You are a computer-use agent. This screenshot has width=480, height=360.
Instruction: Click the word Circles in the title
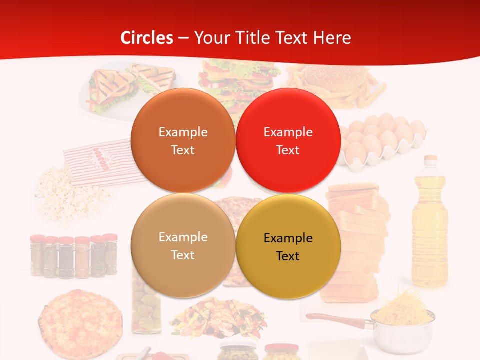[x=147, y=38]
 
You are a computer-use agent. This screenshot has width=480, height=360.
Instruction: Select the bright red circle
[x=288, y=140]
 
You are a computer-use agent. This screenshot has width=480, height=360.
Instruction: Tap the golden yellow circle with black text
[x=288, y=247]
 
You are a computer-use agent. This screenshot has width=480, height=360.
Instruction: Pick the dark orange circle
[x=183, y=140]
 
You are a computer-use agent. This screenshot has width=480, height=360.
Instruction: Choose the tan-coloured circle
[x=183, y=246]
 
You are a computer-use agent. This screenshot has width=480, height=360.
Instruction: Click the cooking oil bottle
[x=429, y=225]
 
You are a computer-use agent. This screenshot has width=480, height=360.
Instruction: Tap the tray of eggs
[x=382, y=142]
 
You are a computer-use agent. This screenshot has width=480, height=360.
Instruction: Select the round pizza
[x=80, y=322]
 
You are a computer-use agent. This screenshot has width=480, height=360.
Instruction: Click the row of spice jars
[x=74, y=256]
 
